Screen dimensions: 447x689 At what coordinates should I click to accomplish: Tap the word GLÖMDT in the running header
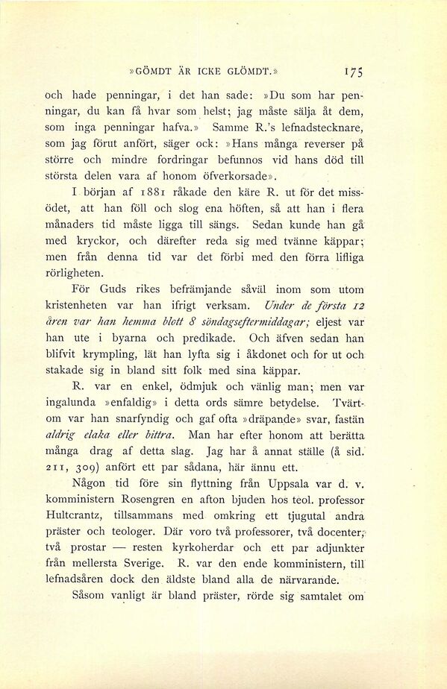tap(248, 73)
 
